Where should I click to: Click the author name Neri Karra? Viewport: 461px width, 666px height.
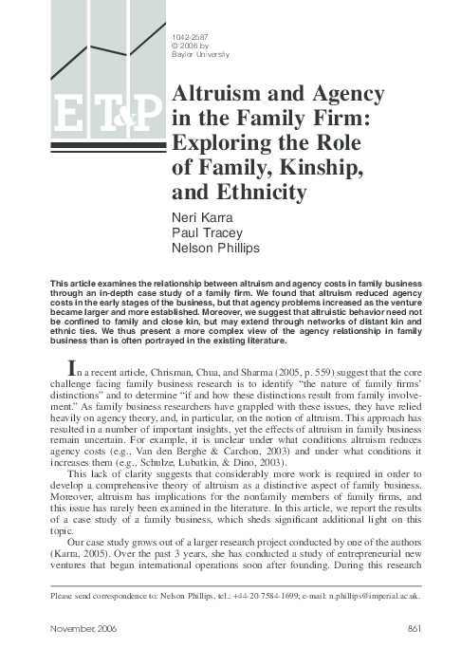click(195, 216)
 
